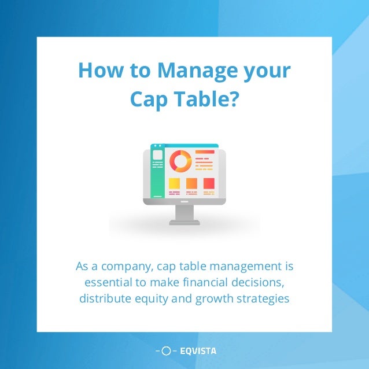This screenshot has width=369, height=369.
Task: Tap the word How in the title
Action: click(x=98, y=71)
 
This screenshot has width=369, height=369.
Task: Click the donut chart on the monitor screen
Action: click(x=180, y=161)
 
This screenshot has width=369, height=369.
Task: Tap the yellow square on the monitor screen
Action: click(x=174, y=183)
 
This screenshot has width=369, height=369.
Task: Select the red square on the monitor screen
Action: click(x=209, y=183)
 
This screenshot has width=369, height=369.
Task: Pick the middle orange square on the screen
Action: click(x=191, y=183)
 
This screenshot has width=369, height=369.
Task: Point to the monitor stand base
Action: click(x=184, y=222)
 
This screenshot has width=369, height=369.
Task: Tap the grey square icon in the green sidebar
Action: click(x=157, y=155)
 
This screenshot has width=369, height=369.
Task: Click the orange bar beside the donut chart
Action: click(x=204, y=152)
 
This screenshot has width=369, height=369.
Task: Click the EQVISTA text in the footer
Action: click(x=198, y=350)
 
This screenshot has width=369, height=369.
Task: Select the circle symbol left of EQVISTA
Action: click(x=167, y=350)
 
